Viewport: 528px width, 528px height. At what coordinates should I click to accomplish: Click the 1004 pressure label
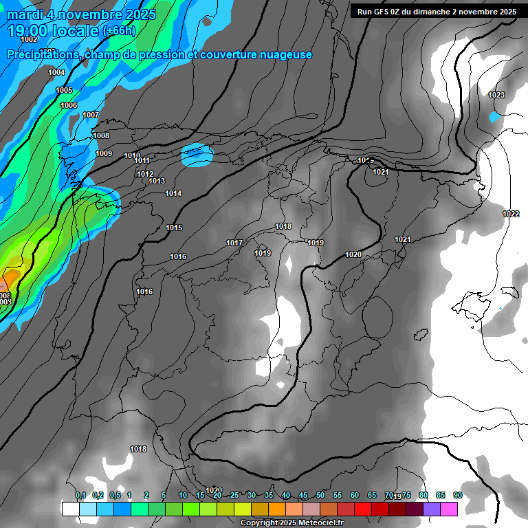click(x=56, y=72)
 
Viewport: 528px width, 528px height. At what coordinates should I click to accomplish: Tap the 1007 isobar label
click(x=91, y=115)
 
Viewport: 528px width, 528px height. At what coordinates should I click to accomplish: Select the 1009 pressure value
click(x=104, y=153)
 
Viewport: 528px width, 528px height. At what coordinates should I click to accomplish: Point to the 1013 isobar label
click(x=157, y=181)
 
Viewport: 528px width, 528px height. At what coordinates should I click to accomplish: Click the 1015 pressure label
click(x=174, y=228)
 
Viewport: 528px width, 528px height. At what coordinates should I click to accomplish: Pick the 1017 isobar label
click(x=234, y=243)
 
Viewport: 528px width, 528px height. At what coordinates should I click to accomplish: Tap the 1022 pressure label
click(x=511, y=214)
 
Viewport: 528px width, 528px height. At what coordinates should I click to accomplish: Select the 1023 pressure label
click(x=496, y=95)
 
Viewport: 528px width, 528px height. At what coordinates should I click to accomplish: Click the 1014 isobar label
click(x=173, y=193)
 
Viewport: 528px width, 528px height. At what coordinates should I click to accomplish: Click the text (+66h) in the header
click(x=119, y=31)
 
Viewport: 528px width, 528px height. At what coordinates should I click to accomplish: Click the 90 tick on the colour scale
click(x=458, y=495)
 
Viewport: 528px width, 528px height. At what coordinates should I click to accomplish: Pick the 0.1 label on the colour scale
click(x=80, y=495)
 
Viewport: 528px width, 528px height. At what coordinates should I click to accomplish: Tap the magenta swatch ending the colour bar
click(x=449, y=509)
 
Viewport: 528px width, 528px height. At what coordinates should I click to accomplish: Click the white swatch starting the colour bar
click(x=70, y=509)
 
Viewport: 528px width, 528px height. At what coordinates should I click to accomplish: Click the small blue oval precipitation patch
click(x=197, y=155)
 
